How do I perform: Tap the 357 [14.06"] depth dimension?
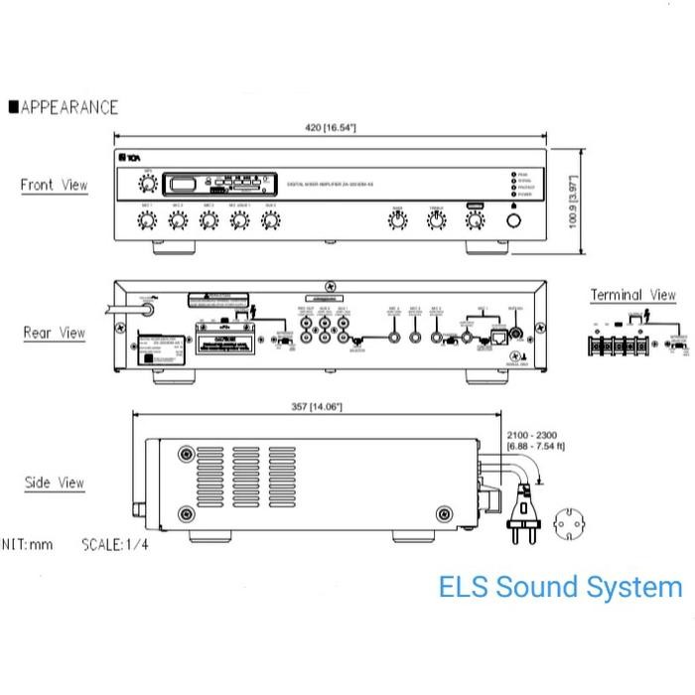point(312,406)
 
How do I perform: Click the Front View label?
point(54,185)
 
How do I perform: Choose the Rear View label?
point(54,333)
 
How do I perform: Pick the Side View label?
point(54,484)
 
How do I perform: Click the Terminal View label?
point(632,295)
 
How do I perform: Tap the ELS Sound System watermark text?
point(560,587)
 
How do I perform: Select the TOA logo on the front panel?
point(127,159)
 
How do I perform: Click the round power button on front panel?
point(513,220)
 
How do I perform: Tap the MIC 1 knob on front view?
point(148,220)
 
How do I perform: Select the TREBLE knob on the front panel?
point(436,220)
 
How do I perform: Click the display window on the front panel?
point(183,183)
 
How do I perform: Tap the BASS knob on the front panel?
point(397,220)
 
